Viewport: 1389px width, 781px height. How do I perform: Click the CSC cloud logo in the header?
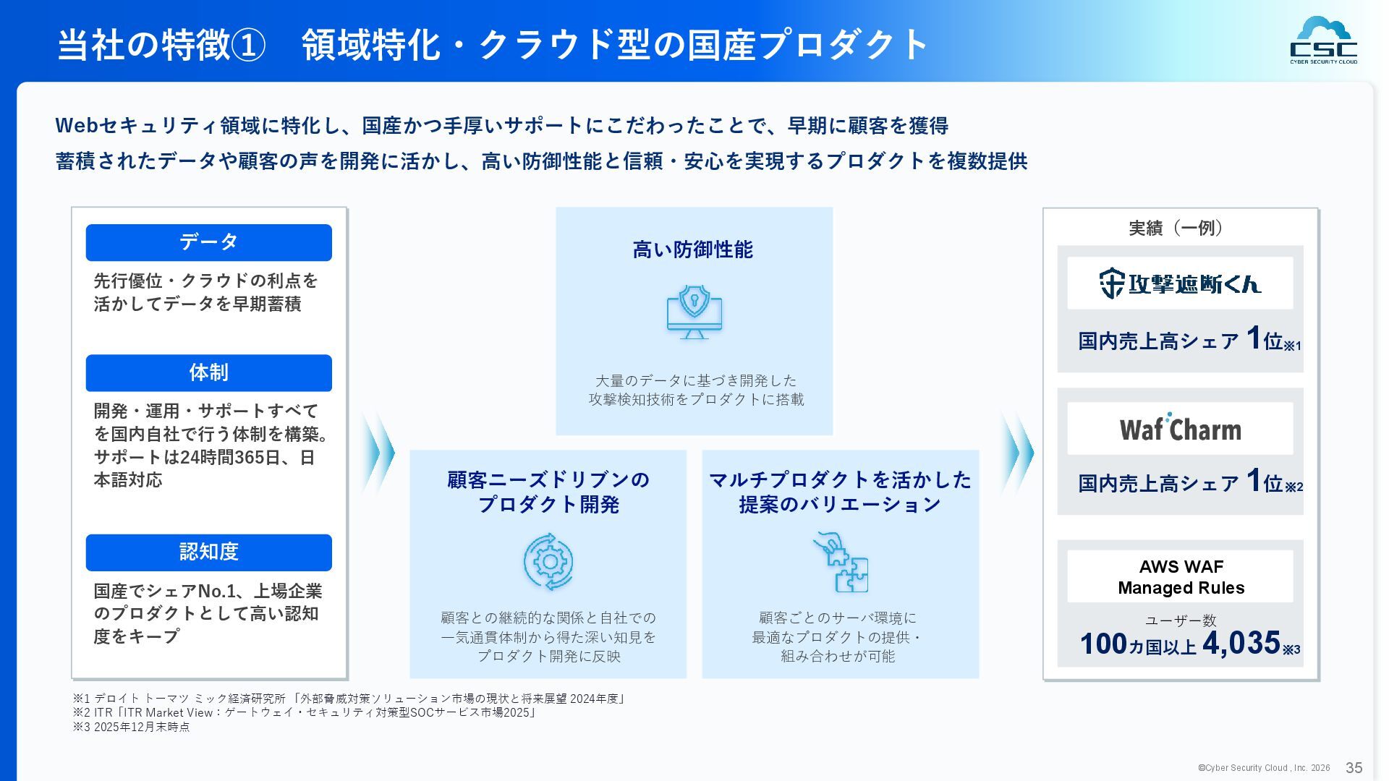(1323, 40)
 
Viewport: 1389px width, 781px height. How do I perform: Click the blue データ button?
(208, 242)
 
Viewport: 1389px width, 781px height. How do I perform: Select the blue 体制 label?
(208, 373)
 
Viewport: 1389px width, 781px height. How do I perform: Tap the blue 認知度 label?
(208, 552)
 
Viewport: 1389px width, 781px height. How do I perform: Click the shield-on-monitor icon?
(694, 312)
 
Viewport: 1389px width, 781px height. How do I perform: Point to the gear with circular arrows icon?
(548, 562)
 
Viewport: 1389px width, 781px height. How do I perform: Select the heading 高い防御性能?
(693, 250)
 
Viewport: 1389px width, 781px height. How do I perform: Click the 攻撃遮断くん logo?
(1180, 283)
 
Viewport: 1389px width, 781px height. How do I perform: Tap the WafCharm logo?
(1180, 429)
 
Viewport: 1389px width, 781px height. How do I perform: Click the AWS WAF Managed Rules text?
(1181, 577)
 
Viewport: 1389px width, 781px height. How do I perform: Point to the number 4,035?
(1241, 643)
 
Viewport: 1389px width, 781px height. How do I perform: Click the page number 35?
(1354, 768)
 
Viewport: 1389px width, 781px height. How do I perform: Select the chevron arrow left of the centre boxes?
(378, 453)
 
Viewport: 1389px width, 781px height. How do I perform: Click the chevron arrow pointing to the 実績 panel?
(1018, 453)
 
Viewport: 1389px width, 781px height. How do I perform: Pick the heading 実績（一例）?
(1176, 229)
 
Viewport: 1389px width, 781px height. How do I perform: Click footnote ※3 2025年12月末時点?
(131, 727)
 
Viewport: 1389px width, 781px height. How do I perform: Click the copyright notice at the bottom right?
(1263, 768)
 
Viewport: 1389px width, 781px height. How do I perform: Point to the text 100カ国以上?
(1137, 644)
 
